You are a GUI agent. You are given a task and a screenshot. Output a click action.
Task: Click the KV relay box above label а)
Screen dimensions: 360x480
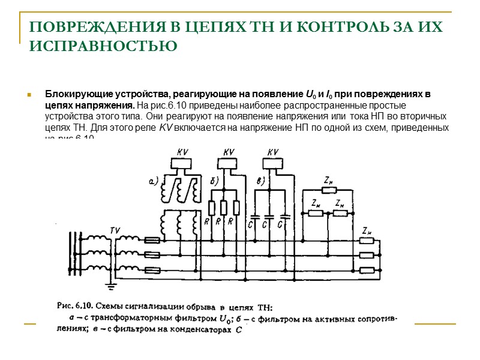[181, 162]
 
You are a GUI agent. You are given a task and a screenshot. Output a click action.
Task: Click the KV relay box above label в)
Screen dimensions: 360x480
[273, 162]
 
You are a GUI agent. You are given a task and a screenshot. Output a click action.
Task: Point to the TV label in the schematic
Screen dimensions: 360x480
[115, 230]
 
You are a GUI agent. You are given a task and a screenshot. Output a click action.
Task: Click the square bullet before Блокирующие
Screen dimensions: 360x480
[28, 95]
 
